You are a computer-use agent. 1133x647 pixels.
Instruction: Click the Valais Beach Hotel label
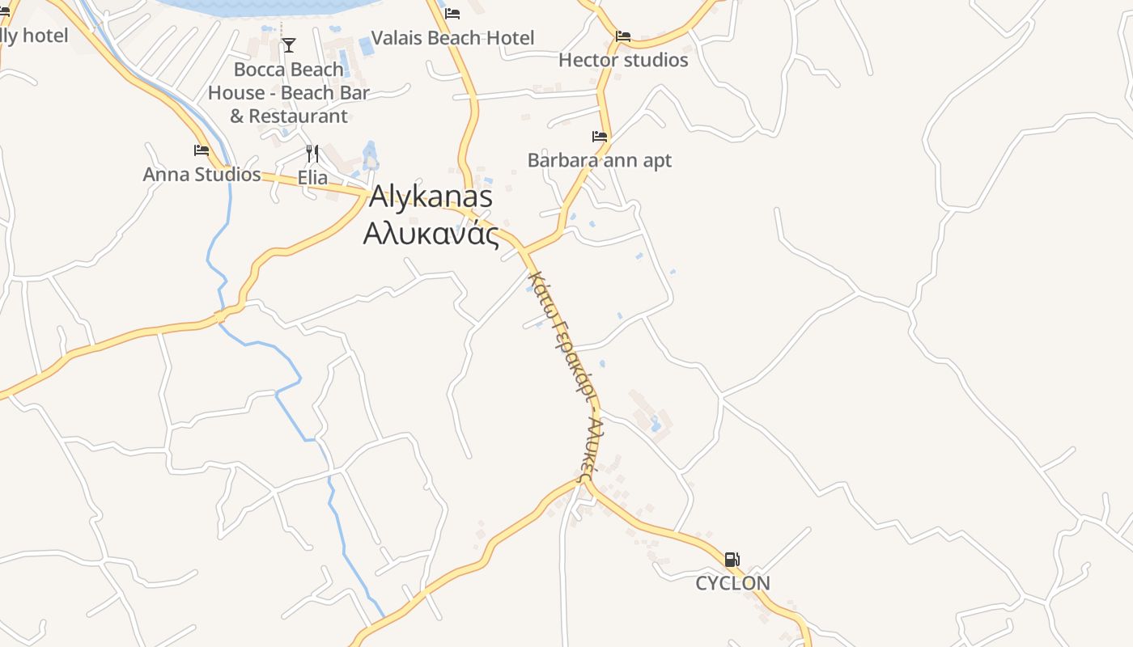coord(452,38)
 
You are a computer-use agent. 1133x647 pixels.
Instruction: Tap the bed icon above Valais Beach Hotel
coord(452,14)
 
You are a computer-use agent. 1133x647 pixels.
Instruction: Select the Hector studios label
coord(623,60)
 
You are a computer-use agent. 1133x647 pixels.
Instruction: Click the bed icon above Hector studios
coord(623,36)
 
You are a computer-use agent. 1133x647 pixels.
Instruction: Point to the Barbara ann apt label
coord(599,160)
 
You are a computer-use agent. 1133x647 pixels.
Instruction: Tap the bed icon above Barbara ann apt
coord(600,137)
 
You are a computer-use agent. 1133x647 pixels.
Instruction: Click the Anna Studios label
coord(202,174)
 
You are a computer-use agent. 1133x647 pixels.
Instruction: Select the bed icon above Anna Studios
coord(202,150)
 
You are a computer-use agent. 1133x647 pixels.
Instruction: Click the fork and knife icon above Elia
coord(312,153)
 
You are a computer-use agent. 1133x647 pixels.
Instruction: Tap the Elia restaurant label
coord(312,177)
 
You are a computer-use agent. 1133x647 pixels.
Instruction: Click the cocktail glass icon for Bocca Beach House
coord(289,45)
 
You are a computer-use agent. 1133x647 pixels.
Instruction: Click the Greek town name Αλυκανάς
coord(430,233)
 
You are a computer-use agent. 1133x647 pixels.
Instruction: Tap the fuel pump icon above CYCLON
coord(732,559)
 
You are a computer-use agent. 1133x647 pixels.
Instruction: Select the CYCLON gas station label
coord(732,583)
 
